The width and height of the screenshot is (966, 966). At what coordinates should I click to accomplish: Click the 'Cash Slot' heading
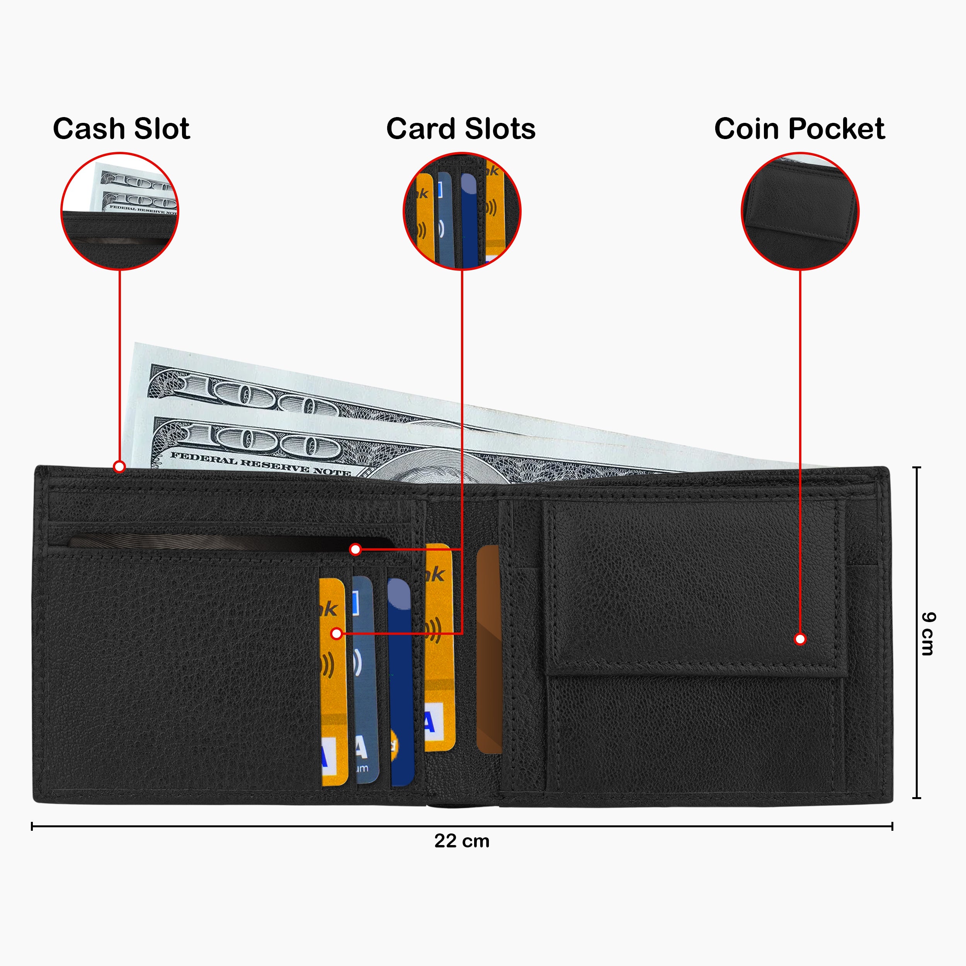[x=121, y=129]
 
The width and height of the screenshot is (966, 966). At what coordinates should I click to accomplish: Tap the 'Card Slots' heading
[x=461, y=129]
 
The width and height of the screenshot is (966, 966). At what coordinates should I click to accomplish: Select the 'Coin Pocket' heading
[x=799, y=129]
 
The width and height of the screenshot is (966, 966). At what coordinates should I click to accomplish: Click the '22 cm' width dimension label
[x=461, y=841]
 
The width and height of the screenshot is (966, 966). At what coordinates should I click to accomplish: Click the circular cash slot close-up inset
[x=119, y=211]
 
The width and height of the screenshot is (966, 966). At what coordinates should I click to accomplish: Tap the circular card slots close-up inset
[x=461, y=211]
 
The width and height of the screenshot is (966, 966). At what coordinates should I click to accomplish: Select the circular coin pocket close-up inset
[x=799, y=211]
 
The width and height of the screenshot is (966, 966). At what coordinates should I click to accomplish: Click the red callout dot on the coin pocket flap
[x=800, y=639]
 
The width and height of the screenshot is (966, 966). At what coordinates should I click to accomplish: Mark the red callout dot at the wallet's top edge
[x=119, y=466]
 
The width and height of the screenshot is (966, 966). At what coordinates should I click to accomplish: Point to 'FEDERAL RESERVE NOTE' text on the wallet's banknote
[x=260, y=463]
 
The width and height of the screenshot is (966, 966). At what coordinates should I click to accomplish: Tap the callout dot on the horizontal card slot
[x=355, y=549]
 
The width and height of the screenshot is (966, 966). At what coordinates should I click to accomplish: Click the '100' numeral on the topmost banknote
[x=260, y=398]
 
